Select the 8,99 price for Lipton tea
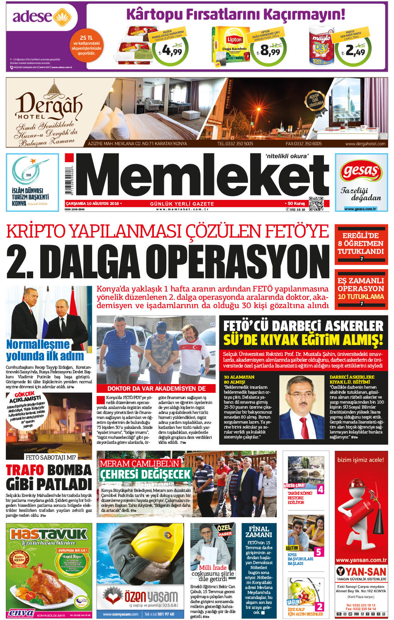point(270,51)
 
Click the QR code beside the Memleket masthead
point(316,203)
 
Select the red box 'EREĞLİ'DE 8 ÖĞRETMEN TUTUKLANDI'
point(361,243)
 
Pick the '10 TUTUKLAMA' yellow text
point(361,297)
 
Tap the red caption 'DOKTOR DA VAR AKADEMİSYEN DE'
point(156,389)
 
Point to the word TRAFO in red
point(24,470)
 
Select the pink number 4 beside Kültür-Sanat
point(320,489)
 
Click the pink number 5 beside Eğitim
point(318,552)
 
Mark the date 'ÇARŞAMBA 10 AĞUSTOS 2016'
point(92,204)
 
